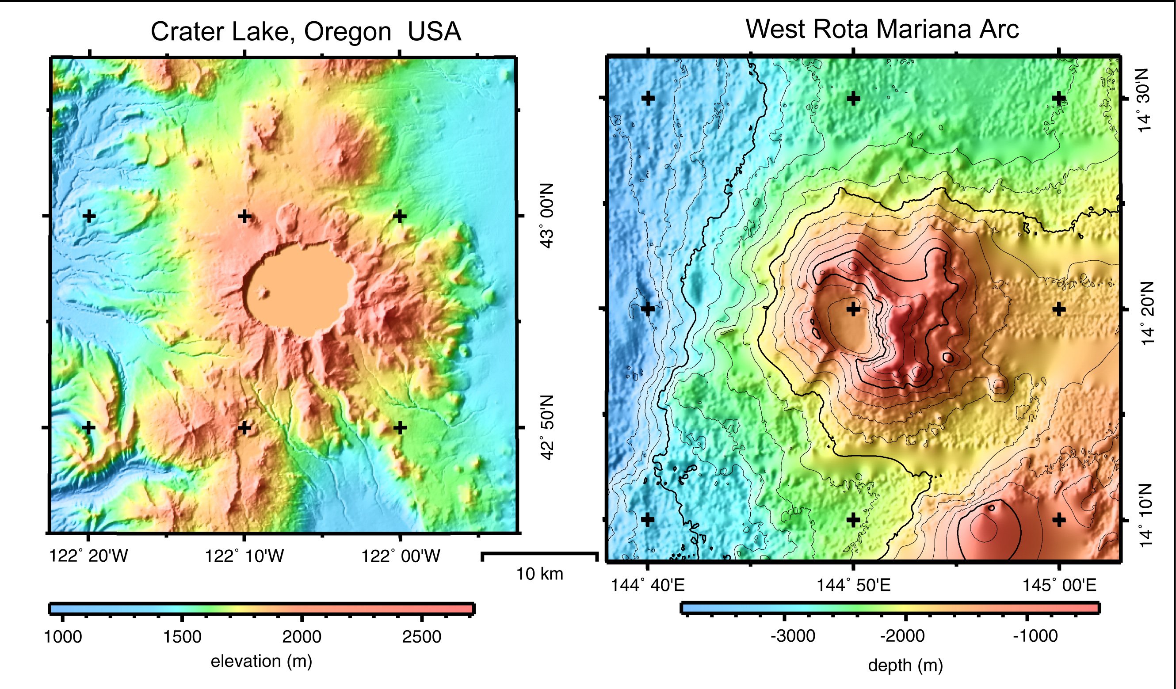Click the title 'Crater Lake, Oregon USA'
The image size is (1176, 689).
pyautogui.click(x=305, y=32)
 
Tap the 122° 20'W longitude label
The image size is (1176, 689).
pyautogui.click(x=88, y=556)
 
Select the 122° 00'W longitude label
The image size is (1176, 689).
pyautogui.click(x=401, y=556)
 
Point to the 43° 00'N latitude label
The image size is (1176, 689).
pyautogui.click(x=546, y=216)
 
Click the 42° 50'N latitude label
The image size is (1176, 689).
pyautogui.click(x=546, y=427)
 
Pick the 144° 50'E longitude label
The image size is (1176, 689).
pyautogui.click(x=853, y=585)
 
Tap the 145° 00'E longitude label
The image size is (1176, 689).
pyautogui.click(x=1059, y=585)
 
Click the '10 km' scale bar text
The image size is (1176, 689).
pyautogui.click(x=539, y=574)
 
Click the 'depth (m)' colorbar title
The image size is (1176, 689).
pyautogui.click(x=905, y=665)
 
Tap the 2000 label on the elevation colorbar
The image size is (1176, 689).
pyautogui.click(x=302, y=637)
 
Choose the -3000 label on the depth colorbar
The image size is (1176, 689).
pyautogui.click(x=793, y=636)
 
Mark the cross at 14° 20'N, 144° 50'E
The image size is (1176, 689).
pyautogui.click(x=853, y=308)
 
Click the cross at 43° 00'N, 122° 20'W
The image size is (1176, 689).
pyautogui.click(x=89, y=216)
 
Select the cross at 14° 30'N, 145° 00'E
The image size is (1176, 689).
pyautogui.click(x=1059, y=98)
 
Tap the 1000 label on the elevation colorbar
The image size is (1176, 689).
pyautogui.click(x=62, y=637)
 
